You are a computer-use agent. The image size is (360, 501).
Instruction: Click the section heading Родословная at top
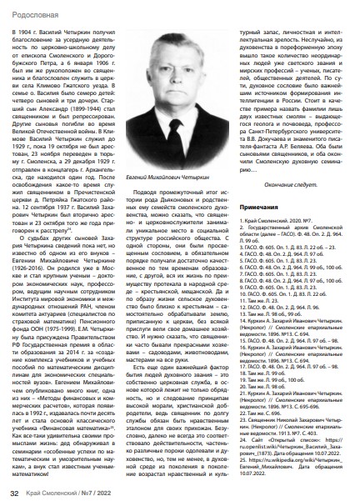pyautogui.click(x=32, y=10)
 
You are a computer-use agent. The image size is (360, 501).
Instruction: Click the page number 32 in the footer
pyautogui.click(x=13, y=491)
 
